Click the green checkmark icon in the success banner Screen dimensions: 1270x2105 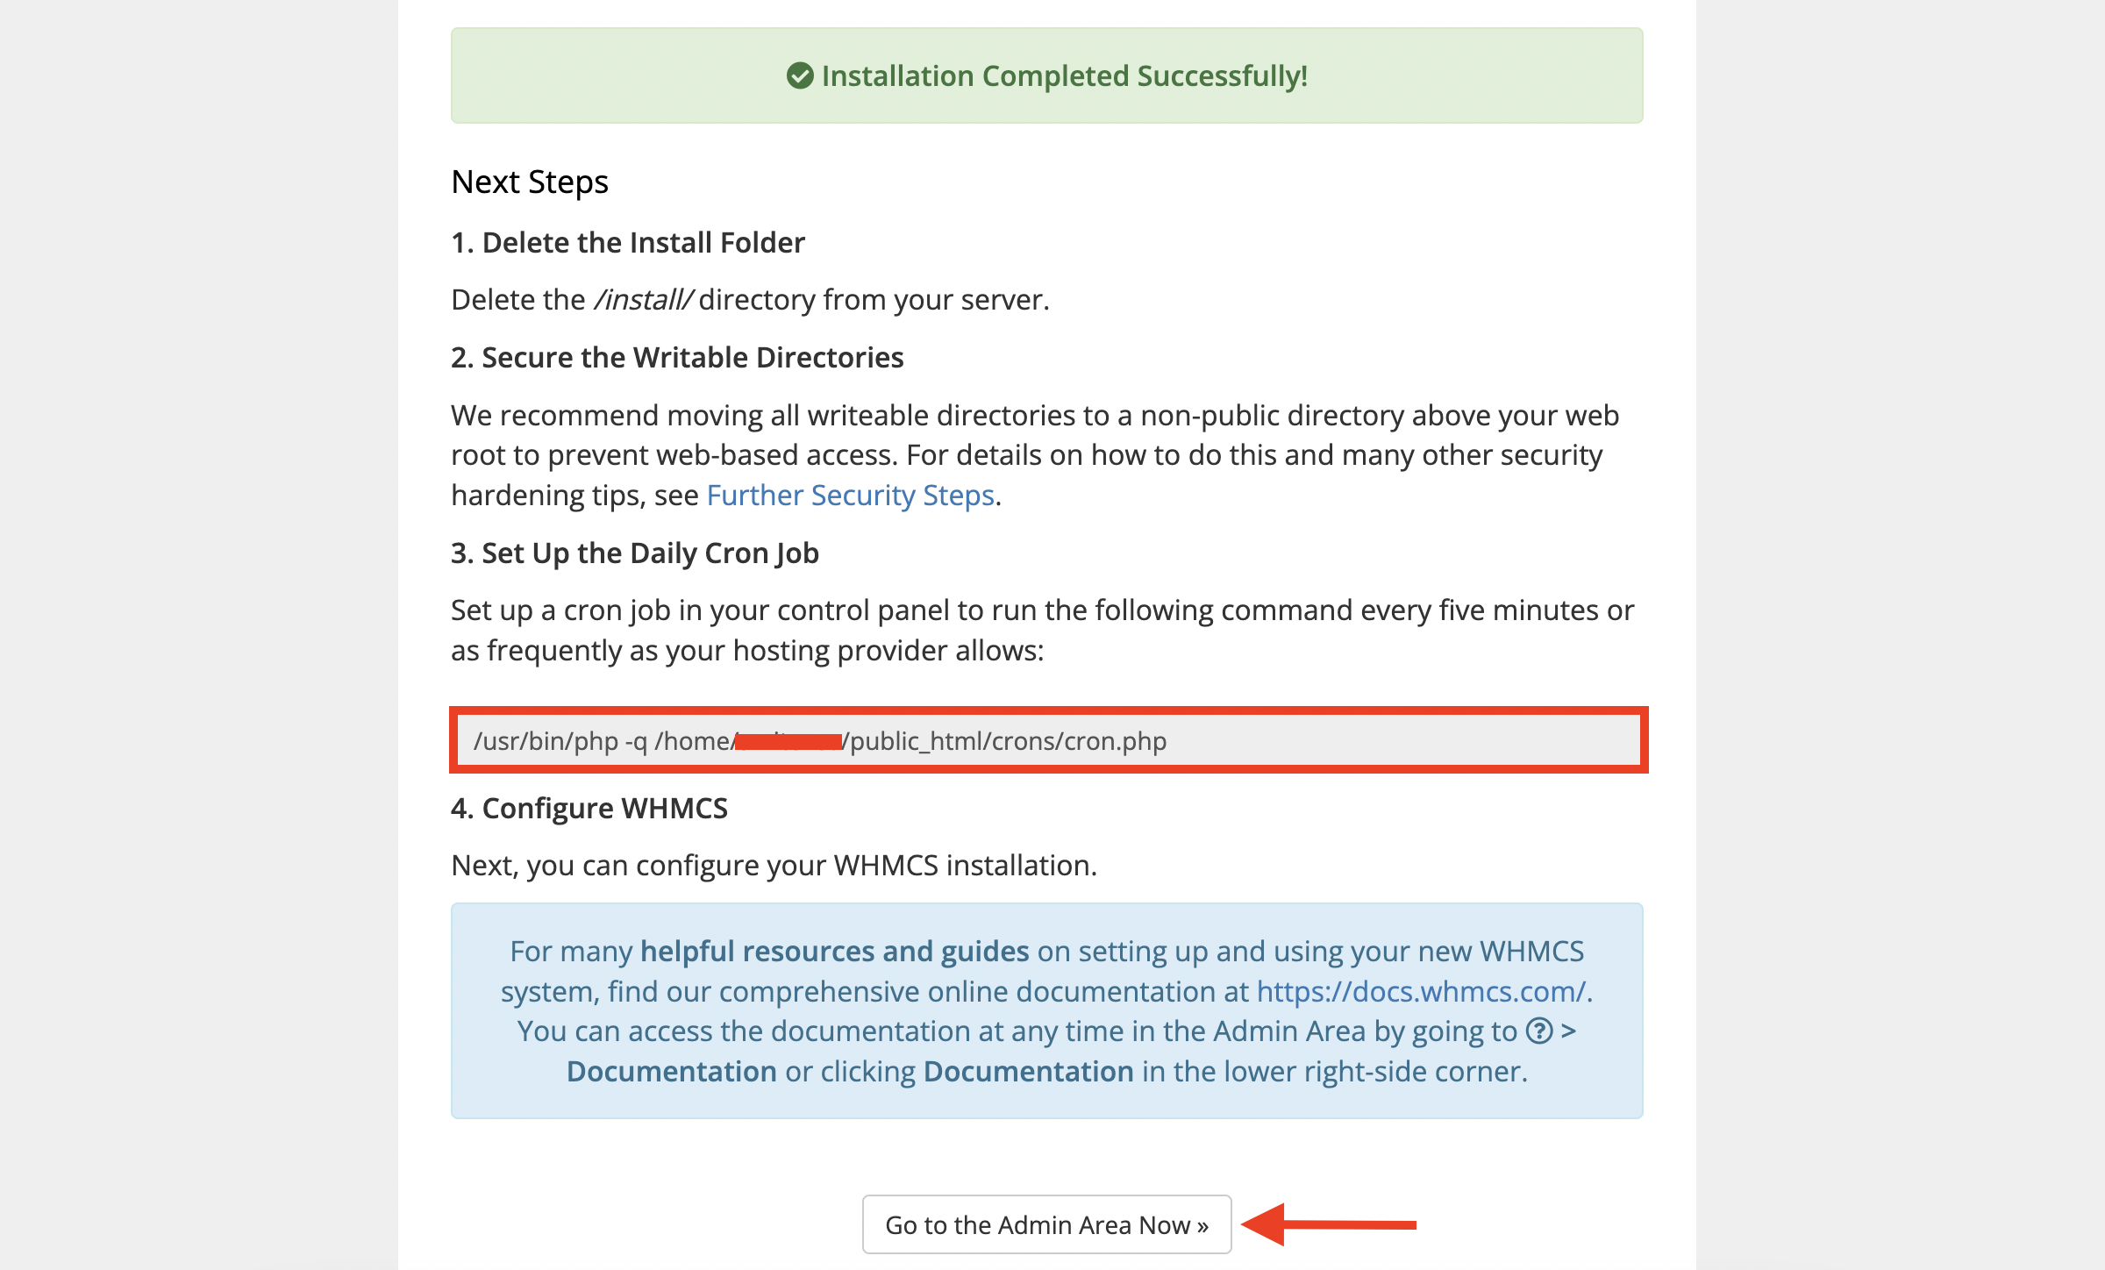click(799, 76)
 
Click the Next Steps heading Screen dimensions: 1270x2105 click(529, 182)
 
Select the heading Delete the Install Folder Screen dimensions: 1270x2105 click(627, 243)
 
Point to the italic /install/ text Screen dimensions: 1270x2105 click(643, 300)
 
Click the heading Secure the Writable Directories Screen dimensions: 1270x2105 click(676, 358)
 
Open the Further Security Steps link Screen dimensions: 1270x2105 click(850, 496)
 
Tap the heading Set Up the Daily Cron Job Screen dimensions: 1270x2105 click(634, 553)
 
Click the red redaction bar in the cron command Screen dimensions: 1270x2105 click(788, 742)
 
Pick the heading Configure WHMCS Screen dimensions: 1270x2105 click(589, 809)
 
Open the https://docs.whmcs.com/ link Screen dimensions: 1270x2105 click(1421, 992)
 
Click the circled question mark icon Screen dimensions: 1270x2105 click(1539, 1031)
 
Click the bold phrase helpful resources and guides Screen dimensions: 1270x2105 click(834, 952)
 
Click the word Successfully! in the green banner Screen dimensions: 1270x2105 click(1222, 76)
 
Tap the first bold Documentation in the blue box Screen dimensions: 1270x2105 click(671, 1072)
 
